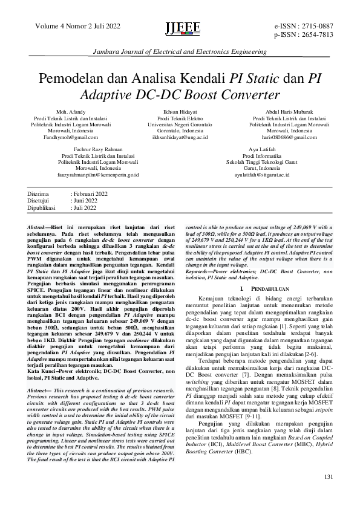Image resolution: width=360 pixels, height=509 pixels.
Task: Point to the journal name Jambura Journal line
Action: point(179,53)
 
